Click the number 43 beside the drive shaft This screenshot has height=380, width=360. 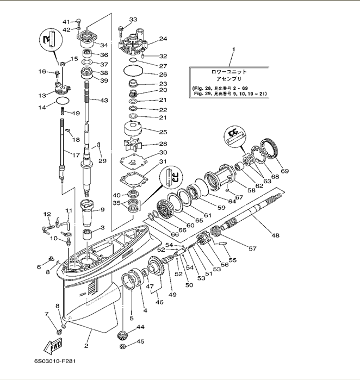[x=104, y=101]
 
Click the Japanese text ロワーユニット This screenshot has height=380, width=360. [x=228, y=72]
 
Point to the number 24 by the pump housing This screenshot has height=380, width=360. [x=163, y=39]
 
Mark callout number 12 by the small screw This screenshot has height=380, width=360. [x=47, y=214]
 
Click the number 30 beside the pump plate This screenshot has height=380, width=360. [x=163, y=153]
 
